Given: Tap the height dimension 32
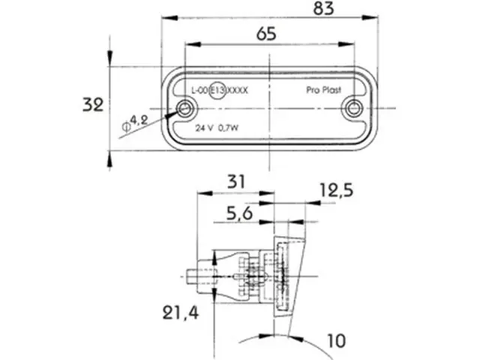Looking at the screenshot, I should click(92, 105).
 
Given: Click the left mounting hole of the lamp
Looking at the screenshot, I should click(184, 109).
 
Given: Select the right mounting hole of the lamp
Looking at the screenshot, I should click(350, 109).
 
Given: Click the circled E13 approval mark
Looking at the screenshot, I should click(217, 90).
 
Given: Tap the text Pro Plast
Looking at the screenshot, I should click(324, 90).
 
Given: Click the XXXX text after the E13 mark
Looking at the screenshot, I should click(238, 90).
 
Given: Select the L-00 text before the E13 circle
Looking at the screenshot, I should click(199, 90).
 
